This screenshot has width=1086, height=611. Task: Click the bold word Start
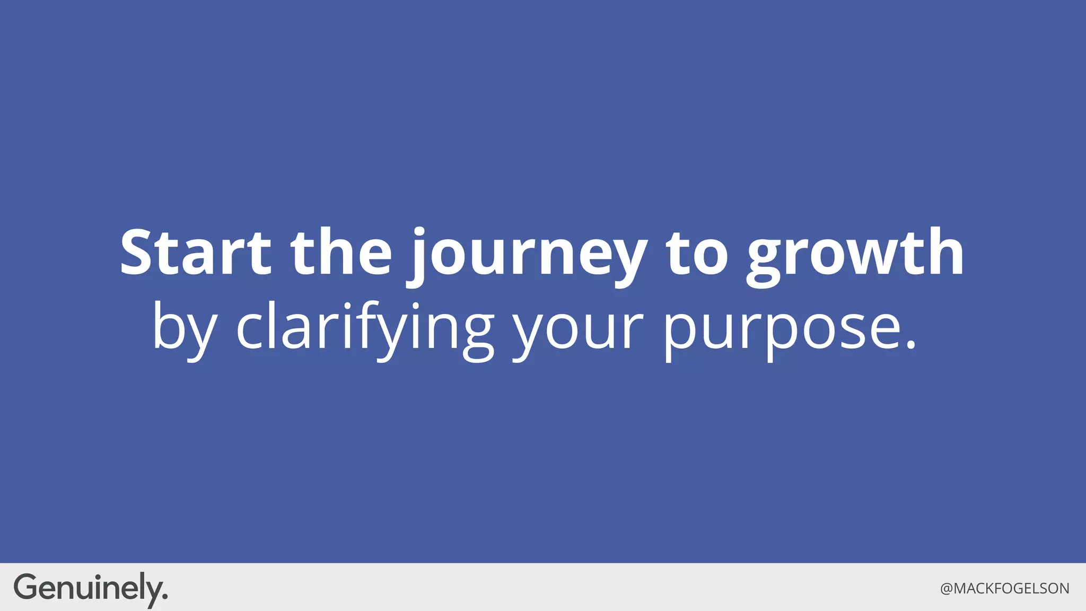[195, 252]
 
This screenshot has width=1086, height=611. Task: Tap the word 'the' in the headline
[341, 252]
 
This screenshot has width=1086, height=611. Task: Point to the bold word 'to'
[697, 254]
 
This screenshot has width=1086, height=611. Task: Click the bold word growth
[855, 255]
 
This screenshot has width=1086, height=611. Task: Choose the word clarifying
[365, 328]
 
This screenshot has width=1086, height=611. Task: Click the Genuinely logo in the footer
[90, 588]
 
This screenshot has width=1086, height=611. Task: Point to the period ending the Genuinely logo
[165, 597]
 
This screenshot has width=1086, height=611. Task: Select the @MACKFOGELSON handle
[1004, 589]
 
